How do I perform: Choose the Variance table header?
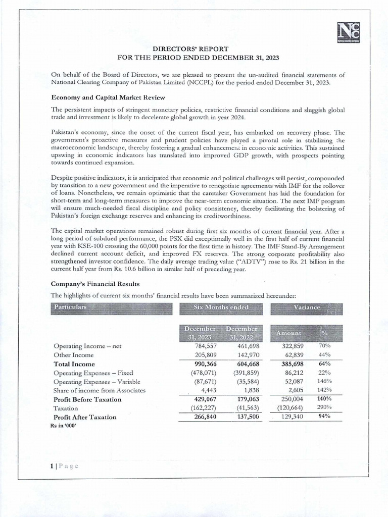click(306, 307)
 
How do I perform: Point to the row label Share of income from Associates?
click(100, 390)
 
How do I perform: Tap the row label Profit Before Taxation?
click(87, 399)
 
